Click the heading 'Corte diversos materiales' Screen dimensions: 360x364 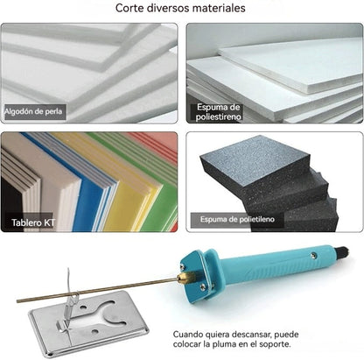(x=180, y=9)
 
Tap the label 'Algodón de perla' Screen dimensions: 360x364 (x=34, y=112)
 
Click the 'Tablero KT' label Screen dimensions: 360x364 (x=31, y=223)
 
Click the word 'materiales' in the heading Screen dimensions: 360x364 (x=215, y=9)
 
